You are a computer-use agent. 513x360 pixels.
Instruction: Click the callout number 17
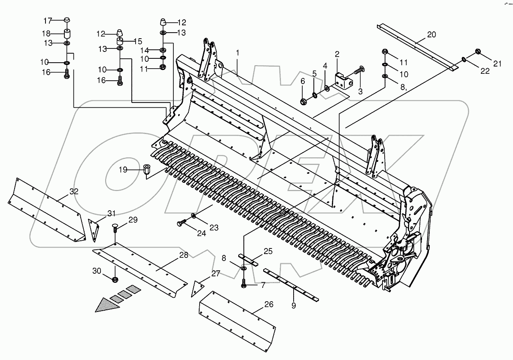48,20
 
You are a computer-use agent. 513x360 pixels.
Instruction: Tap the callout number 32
74,192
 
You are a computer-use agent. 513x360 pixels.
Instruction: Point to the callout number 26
268,305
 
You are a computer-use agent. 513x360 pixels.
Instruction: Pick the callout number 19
123,170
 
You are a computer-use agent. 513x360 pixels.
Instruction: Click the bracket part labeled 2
344,81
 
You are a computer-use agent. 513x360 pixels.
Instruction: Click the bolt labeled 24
181,224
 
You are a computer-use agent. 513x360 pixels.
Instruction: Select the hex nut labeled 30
115,280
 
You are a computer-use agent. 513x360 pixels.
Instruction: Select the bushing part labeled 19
147,170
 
